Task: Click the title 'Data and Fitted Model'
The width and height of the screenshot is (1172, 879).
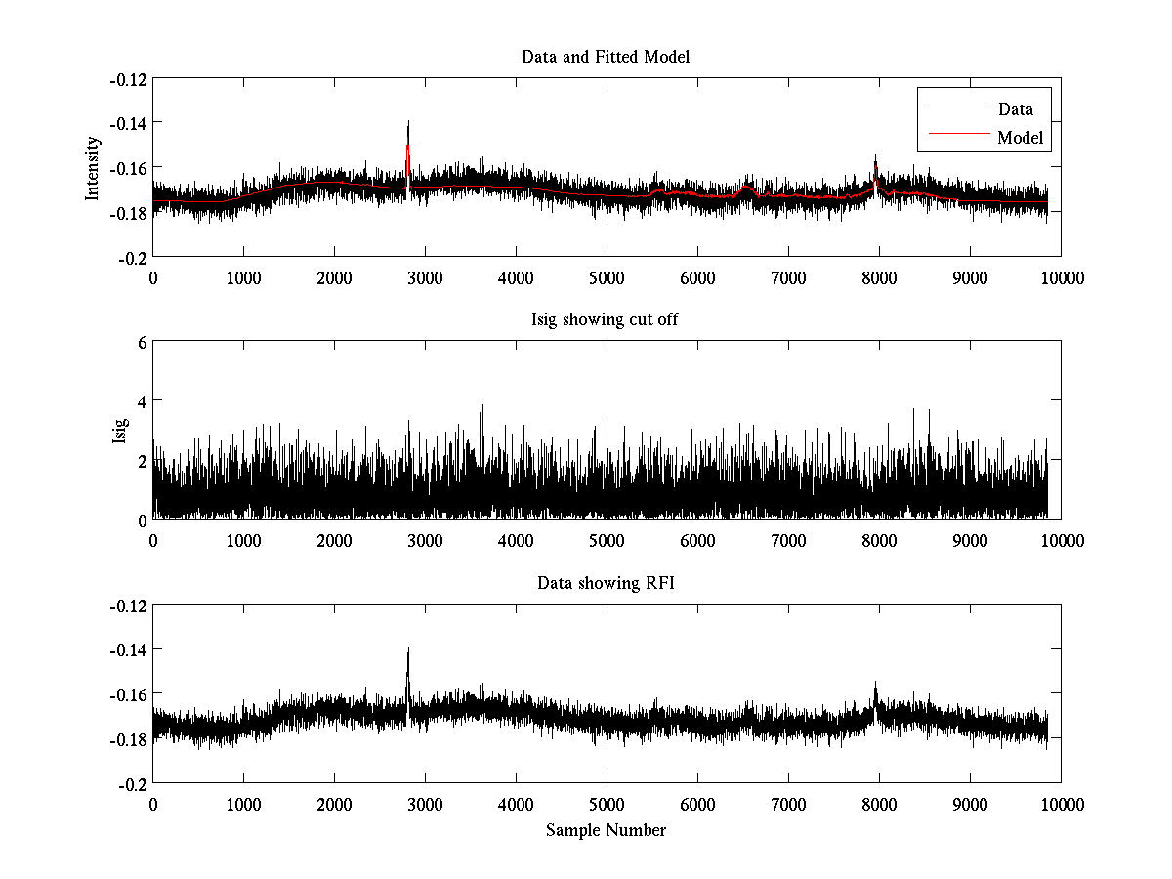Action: (x=606, y=57)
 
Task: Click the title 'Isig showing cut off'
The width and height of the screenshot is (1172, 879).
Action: (x=606, y=320)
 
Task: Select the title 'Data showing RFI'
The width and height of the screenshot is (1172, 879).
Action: (x=606, y=583)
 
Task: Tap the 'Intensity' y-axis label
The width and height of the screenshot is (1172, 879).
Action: (x=93, y=167)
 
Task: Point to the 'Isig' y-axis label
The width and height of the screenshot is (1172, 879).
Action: (x=120, y=431)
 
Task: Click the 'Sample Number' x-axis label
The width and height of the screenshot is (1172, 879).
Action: (x=606, y=830)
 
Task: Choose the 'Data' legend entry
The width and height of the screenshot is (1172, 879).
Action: (x=1015, y=109)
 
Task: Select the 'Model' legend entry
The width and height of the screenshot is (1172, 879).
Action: (x=1020, y=138)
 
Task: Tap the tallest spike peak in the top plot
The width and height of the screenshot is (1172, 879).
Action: (x=408, y=122)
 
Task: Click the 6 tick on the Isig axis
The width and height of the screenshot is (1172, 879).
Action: (x=142, y=343)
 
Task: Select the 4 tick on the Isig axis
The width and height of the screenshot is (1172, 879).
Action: (x=142, y=401)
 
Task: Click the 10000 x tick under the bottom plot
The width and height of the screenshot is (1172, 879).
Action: (x=1061, y=805)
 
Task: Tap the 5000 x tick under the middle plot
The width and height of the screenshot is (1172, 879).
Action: (x=607, y=541)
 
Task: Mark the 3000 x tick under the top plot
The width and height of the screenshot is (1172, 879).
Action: (x=425, y=277)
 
